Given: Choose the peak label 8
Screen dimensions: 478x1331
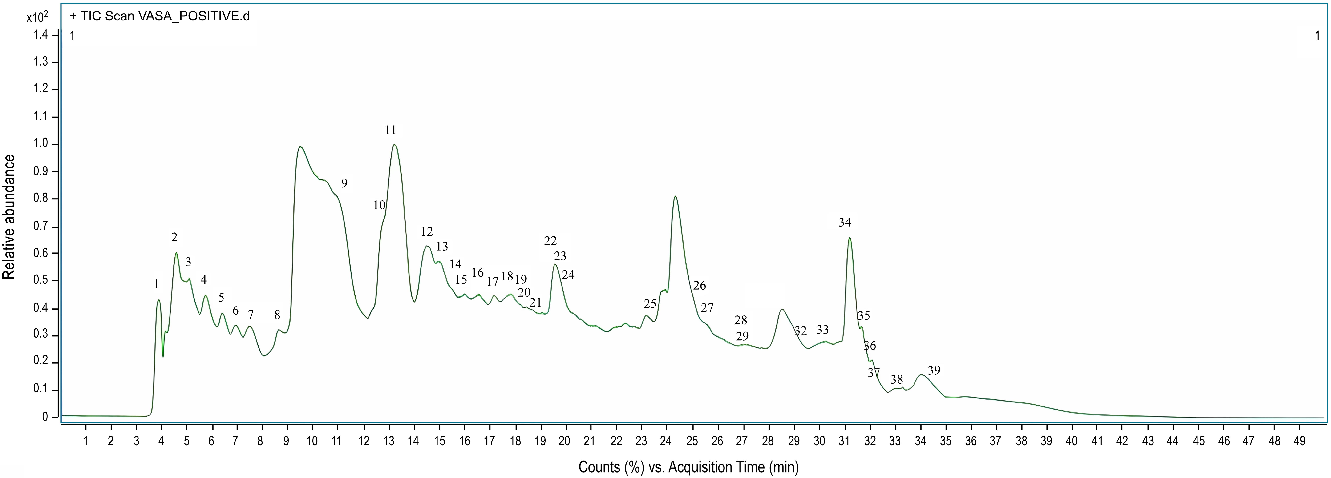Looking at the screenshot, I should tap(277, 315).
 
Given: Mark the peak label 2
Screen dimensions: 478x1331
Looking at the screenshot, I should tap(175, 237).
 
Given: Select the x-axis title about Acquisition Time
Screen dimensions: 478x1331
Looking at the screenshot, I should tap(688, 467).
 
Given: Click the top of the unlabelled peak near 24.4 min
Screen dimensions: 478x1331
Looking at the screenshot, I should tap(675, 197).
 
